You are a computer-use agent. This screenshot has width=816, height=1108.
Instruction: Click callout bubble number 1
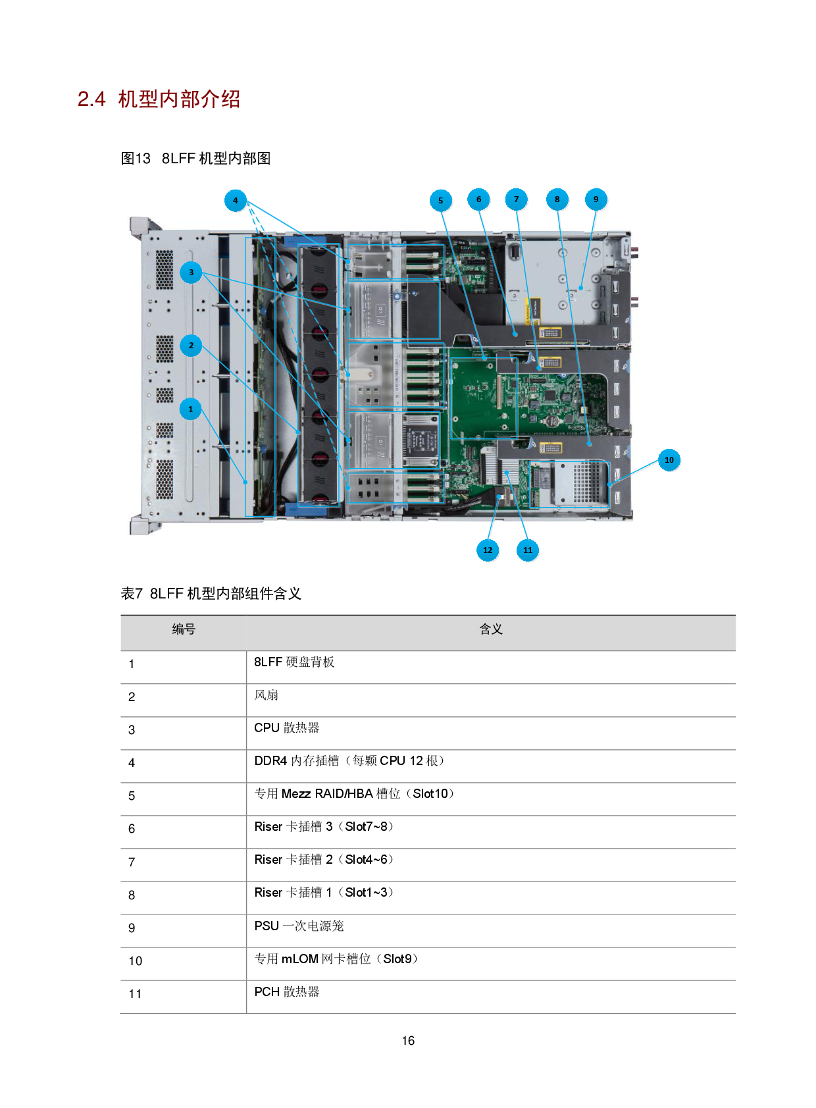point(191,409)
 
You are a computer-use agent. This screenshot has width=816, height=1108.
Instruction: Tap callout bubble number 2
point(191,346)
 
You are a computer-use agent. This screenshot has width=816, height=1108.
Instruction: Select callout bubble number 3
point(191,273)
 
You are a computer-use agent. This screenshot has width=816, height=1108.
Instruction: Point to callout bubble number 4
point(236,201)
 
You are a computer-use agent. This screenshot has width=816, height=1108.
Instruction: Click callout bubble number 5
point(441,201)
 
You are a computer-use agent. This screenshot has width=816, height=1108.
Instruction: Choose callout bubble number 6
point(479,199)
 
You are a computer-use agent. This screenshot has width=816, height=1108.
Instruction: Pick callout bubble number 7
point(517,199)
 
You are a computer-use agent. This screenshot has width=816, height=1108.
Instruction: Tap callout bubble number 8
point(557,199)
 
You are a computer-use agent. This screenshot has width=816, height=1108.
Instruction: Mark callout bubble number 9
point(596,199)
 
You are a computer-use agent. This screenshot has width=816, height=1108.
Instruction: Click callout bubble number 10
point(669,460)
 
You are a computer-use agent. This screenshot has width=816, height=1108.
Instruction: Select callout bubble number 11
point(528,550)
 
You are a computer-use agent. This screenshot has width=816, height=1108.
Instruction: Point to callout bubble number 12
point(488,550)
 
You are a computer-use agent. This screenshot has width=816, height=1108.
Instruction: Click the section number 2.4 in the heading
point(91,99)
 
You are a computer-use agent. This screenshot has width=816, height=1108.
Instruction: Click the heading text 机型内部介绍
point(179,99)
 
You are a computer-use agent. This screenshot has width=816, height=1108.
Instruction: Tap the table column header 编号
point(184,629)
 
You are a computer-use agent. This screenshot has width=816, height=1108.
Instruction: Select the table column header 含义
point(491,629)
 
